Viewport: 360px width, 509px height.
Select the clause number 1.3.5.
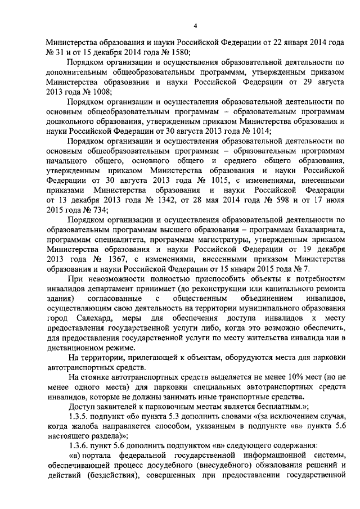[x=78, y=416]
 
